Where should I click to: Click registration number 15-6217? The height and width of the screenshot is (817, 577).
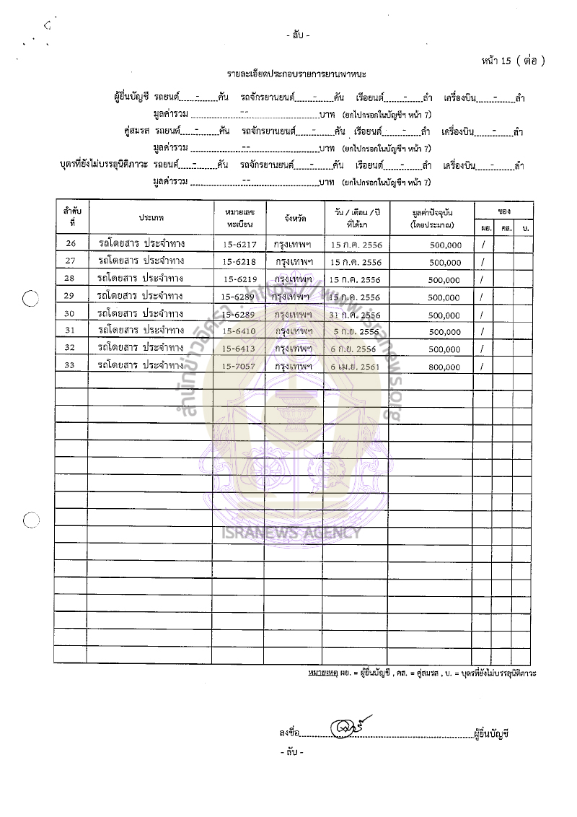coord(238,245)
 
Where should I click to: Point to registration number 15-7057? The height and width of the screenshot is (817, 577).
coord(238,367)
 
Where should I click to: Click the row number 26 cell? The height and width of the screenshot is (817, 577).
coord(70,245)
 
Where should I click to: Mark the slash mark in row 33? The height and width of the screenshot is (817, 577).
coord(483,367)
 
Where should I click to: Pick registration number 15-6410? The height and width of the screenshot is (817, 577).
coord(238,332)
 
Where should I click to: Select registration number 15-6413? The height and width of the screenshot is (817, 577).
coord(238,349)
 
